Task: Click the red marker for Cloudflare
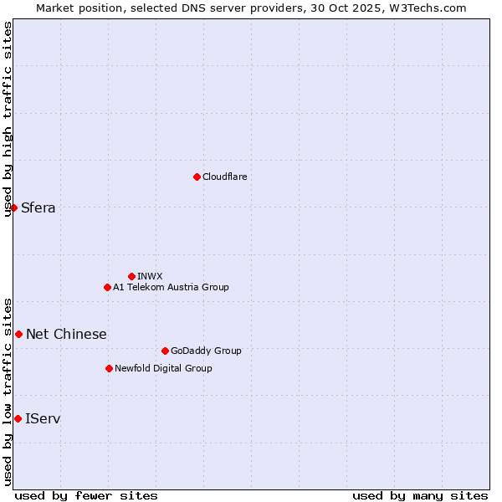click(x=197, y=177)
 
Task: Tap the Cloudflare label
click(x=224, y=177)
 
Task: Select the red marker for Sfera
click(x=14, y=207)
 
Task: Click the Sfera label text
click(x=38, y=208)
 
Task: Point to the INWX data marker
click(x=131, y=276)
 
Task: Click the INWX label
click(x=150, y=276)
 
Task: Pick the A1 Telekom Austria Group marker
click(x=107, y=287)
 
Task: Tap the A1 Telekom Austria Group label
click(x=171, y=287)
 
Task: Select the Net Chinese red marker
click(x=18, y=334)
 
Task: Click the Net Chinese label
click(x=66, y=335)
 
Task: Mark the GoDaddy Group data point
click(x=165, y=351)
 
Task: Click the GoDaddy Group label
click(x=206, y=351)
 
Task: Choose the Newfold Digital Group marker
click(x=109, y=368)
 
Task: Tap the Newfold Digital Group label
click(x=163, y=368)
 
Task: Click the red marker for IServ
click(x=18, y=418)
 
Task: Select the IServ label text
click(x=43, y=418)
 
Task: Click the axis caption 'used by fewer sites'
click(x=86, y=495)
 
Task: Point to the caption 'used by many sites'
click(x=420, y=495)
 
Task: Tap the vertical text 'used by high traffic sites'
click(x=8, y=119)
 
